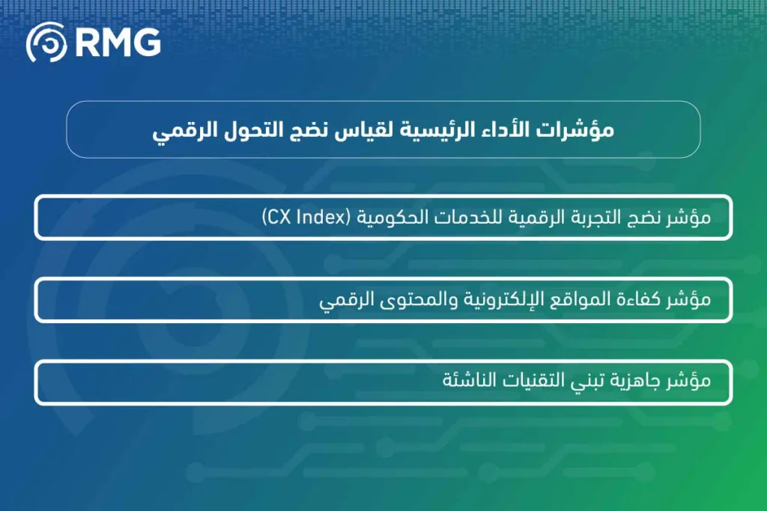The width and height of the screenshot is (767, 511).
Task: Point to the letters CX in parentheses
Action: (x=279, y=218)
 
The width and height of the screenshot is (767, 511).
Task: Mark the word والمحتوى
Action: (x=411, y=300)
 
